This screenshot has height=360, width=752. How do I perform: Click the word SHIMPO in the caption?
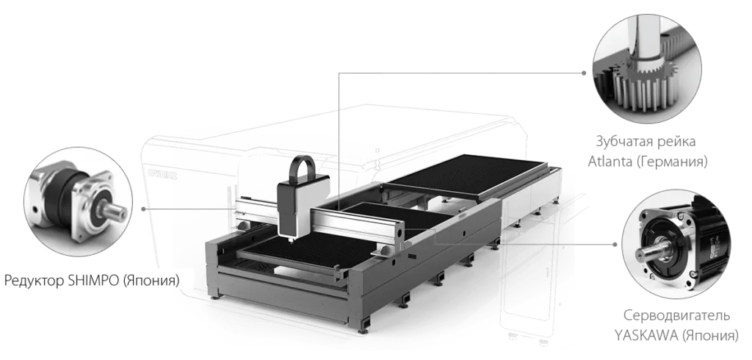point(90,281)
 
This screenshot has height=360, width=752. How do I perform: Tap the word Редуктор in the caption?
point(32,281)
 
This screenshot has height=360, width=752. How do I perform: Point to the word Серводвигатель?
point(676,316)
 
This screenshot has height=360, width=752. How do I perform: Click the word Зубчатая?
point(623,142)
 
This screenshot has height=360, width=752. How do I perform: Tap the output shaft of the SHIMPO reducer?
point(115,212)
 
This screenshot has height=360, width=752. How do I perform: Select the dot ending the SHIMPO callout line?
point(143,209)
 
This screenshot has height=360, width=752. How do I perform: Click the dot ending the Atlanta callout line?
point(584,73)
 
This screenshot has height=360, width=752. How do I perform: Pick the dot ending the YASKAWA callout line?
point(615,245)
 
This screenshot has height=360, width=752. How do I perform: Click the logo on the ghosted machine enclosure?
point(162,174)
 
